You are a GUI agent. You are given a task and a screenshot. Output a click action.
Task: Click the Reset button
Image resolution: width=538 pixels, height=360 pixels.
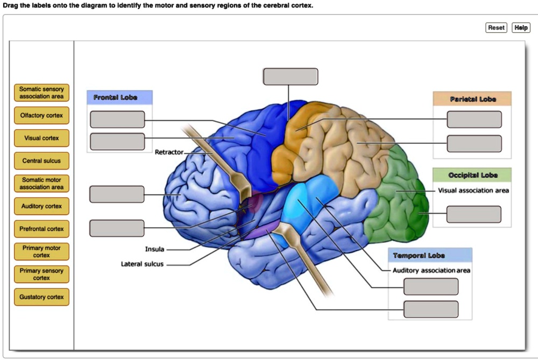(496, 27)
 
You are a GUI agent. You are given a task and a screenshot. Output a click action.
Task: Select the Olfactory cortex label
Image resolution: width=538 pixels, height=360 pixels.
(41, 116)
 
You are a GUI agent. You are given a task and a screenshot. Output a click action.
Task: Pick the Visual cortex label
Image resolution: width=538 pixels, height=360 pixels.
(41, 138)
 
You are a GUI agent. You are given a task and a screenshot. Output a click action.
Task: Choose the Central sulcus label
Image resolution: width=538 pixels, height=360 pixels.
(41, 161)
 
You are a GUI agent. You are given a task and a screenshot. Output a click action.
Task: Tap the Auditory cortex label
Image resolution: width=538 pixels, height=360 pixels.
(41, 206)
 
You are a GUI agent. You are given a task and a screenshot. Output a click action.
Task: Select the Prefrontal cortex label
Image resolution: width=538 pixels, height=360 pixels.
(41, 229)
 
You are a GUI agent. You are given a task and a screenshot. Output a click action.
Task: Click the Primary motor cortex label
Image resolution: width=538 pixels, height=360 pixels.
(41, 251)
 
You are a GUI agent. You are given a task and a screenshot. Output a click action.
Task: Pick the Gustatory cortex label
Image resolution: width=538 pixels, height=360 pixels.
(41, 297)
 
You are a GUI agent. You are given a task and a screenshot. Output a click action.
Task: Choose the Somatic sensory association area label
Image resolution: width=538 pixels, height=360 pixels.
(41, 93)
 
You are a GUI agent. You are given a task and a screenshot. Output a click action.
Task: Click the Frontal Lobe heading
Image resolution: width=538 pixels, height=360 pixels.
(116, 98)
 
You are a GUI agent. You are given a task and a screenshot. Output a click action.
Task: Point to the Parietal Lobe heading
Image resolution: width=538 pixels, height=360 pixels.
(473, 99)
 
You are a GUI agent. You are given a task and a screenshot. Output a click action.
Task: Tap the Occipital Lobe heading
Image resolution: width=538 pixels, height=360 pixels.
(473, 175)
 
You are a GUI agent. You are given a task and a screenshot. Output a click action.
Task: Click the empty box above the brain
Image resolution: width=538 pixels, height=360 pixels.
(291, 76)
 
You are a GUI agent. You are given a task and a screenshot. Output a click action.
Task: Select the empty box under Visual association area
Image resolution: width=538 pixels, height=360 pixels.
(473, 214)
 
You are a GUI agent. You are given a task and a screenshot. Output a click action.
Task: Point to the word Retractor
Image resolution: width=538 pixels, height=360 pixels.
(169, 152)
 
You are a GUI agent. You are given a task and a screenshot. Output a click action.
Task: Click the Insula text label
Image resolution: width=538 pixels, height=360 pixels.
(154, 249)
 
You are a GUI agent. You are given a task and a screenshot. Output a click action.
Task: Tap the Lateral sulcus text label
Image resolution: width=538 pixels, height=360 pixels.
(142, 264)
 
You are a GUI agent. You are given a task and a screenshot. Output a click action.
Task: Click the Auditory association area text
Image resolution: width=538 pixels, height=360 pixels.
(431, 270)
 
